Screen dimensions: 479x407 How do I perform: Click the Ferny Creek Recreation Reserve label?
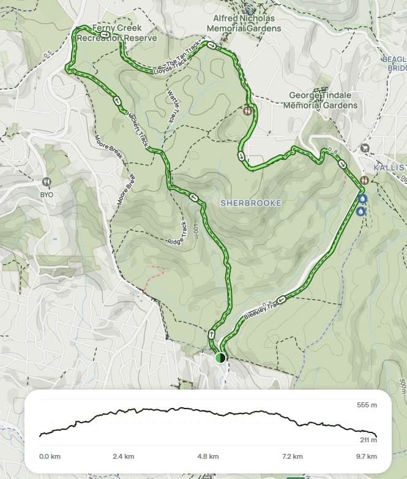tap(116, 33)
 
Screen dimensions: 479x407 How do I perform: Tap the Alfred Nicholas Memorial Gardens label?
tap(244, 23)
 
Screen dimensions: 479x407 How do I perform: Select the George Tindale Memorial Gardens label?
tap(323, 100)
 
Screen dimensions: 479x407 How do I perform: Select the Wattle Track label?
tap(172, 104)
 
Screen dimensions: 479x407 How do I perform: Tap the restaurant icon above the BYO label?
tap(47, 182)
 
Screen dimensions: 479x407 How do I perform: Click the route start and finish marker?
tap(220, 358)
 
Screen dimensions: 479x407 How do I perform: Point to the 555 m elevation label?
tap(367, 405)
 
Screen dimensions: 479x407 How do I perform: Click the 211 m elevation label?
tap(367, 440)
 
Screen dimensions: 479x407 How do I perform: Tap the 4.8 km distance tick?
tap(208, 456)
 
